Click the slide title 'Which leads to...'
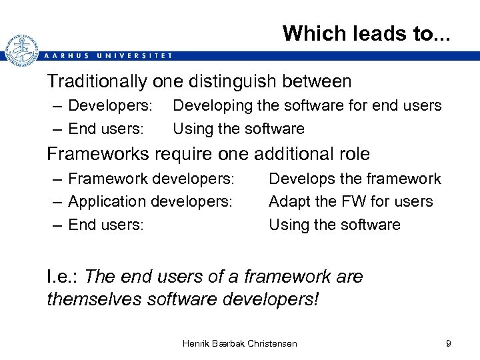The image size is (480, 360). point(366,33)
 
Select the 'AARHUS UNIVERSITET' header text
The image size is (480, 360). point(107,56)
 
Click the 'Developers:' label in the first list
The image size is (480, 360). point(111,105)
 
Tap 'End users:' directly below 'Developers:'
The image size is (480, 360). point(106,129)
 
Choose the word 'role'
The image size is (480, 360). point(351,154)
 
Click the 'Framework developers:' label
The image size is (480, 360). point(151,179)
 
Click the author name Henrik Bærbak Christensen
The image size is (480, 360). point(240,343)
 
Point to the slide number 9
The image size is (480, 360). point(449,343)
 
